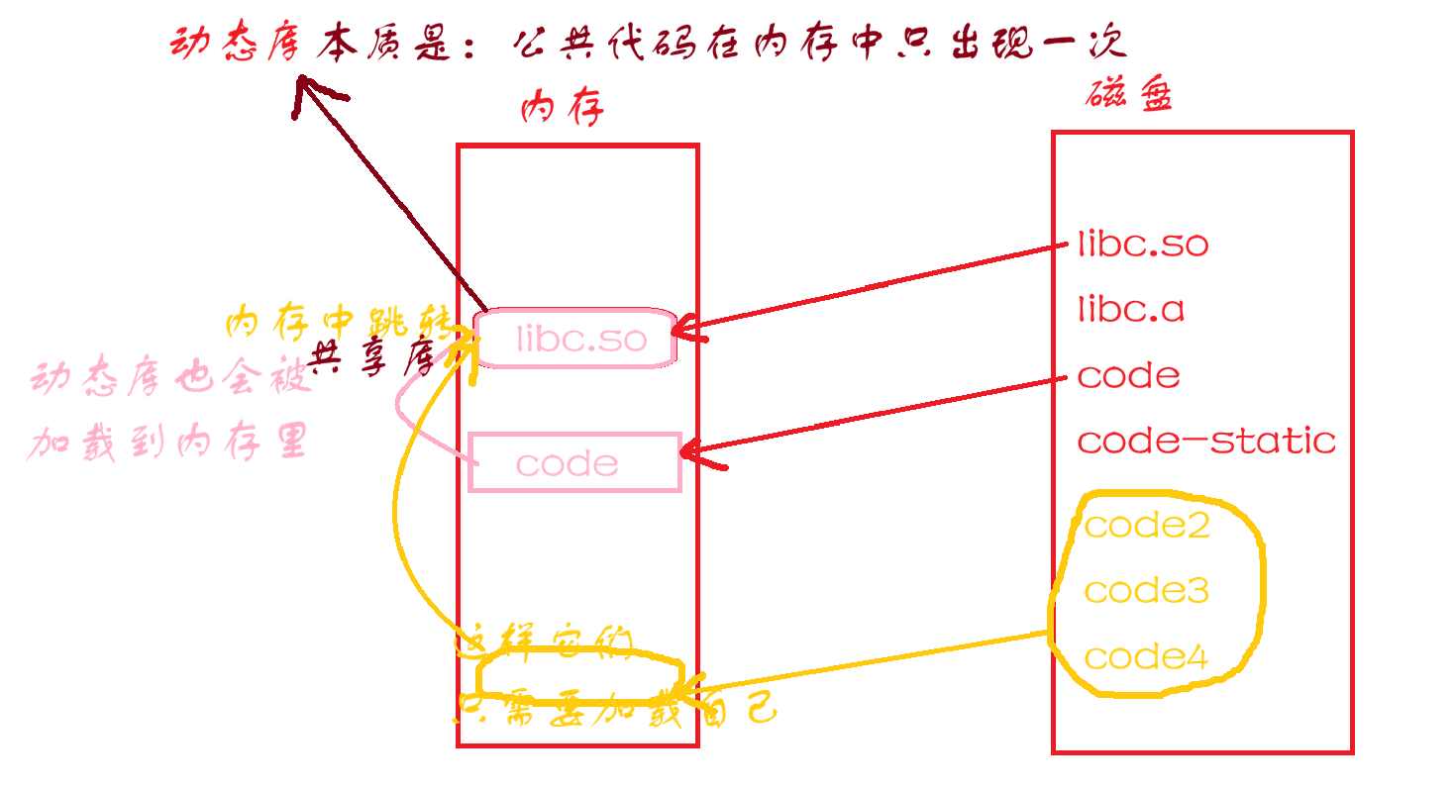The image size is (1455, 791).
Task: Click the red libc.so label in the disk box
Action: pos(1143,245)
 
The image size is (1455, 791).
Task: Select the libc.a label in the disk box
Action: pos(1131,310)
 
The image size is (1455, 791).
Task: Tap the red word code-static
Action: pos(1206,441)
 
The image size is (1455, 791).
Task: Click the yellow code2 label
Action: pos(1147,525)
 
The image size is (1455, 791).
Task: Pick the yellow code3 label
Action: pos(1146,591)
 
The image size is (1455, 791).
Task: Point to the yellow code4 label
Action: pos(1146,656)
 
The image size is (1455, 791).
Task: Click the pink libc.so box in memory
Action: pos(575,339)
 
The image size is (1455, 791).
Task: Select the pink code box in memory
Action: pos(574,462)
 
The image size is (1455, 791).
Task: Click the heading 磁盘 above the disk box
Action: pos(1129,96)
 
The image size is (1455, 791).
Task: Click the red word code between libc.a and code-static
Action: pos(1128,376)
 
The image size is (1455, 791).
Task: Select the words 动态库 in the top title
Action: pos(234,45)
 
